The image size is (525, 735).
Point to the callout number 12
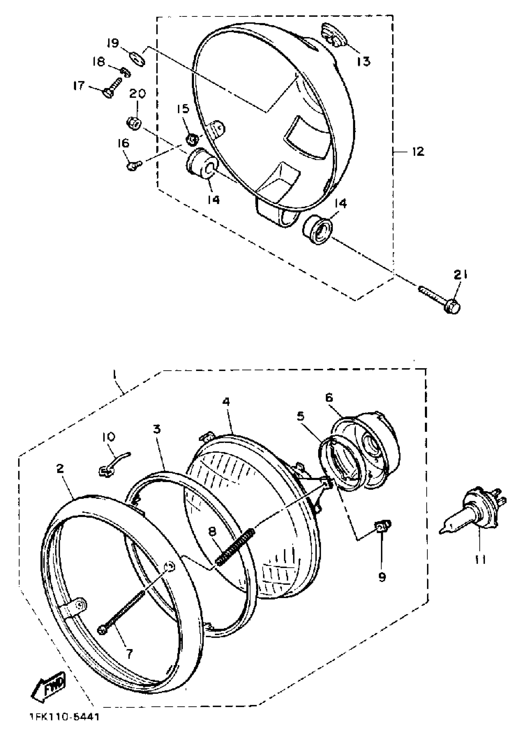(418, 151)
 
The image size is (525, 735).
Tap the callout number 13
(363, 61)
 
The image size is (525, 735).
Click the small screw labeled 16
(133, 166)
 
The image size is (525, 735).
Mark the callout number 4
(226, 402)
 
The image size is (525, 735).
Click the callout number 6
(329, 397)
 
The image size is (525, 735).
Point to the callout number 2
(61, 469)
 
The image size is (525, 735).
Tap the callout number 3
(157, 430)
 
